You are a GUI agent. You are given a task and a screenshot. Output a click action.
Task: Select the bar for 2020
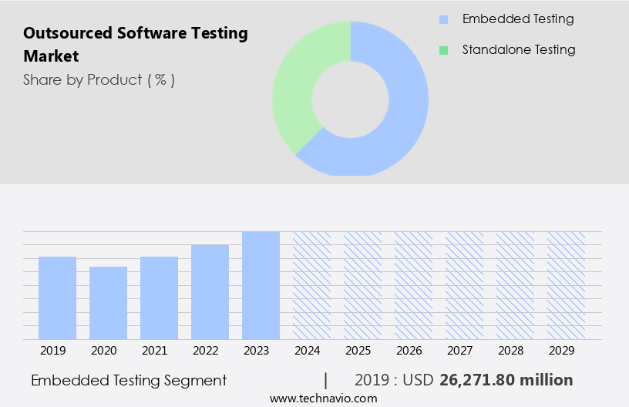click(x=109, y=303)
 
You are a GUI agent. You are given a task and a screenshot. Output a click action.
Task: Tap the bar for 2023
click(x=261, y=285)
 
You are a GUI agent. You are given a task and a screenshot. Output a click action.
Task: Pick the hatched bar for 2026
click(x=413, y=285)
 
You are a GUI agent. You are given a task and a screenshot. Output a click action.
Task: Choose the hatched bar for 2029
click(x=566, y=285)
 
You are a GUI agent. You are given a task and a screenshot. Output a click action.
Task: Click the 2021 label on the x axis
click(x=154, y=351)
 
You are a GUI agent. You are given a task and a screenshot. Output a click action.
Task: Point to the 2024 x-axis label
click(x=307, y=351)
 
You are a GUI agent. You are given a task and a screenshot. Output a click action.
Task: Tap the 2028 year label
click(x=510, y=351)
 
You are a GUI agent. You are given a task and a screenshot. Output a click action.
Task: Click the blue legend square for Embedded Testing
click(x=443, y=19)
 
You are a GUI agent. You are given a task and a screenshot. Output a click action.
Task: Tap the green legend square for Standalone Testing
click(x=443, y=50)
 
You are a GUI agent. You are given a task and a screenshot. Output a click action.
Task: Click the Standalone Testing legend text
click(x=519, y=50)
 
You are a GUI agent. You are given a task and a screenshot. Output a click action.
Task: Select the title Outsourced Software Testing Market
click(x=136, y=44)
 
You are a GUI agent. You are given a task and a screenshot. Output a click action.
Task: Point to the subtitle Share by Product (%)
click(x=99, y=79)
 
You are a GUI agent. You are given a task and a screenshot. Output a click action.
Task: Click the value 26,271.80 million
click(x=506, y=380)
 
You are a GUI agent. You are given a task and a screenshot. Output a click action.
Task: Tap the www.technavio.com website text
click(x=323, y=399)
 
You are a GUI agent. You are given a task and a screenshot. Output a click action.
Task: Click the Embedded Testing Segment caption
click(x=129, y=380)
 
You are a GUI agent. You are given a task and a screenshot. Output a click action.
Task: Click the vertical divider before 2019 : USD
click(x=326, y=380)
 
